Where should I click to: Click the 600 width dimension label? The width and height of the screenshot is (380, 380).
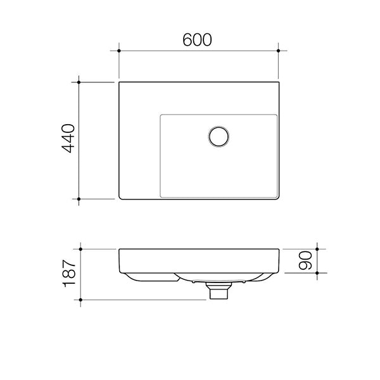[197, 40]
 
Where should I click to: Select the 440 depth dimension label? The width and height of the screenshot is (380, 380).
[68, 139]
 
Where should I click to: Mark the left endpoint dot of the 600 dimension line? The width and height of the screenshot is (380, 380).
[119, 50]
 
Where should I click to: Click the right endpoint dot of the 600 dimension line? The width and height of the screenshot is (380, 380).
[278, 50]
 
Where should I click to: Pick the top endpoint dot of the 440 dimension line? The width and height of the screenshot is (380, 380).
[79, 82]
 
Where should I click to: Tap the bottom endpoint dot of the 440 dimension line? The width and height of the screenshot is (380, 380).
[79, 199]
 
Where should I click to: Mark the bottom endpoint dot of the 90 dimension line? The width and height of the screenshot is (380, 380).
[317, 273]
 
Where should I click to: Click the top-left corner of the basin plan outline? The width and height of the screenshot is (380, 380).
[120, 82]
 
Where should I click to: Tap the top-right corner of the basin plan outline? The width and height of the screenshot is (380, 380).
[277, 82]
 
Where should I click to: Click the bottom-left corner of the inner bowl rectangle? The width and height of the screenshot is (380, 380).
[161, 194]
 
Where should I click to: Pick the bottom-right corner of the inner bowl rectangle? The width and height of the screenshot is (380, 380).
[277, 194]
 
